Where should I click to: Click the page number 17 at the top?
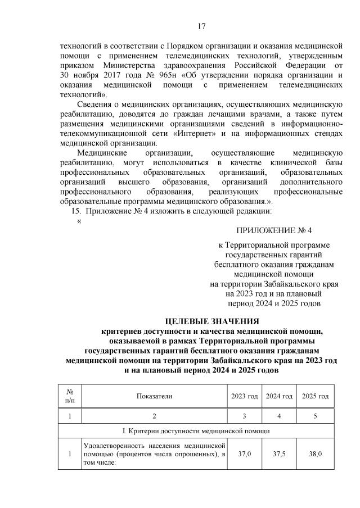202,26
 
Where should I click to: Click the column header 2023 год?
245,396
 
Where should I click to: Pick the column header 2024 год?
280,396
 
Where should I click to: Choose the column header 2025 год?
315,396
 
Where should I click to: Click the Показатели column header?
154,396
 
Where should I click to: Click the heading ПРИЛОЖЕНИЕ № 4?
273,230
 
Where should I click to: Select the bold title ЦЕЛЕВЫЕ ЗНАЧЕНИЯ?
211,321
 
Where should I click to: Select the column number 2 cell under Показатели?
154,416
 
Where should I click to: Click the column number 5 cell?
315,416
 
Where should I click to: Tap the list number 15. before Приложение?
75,211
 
